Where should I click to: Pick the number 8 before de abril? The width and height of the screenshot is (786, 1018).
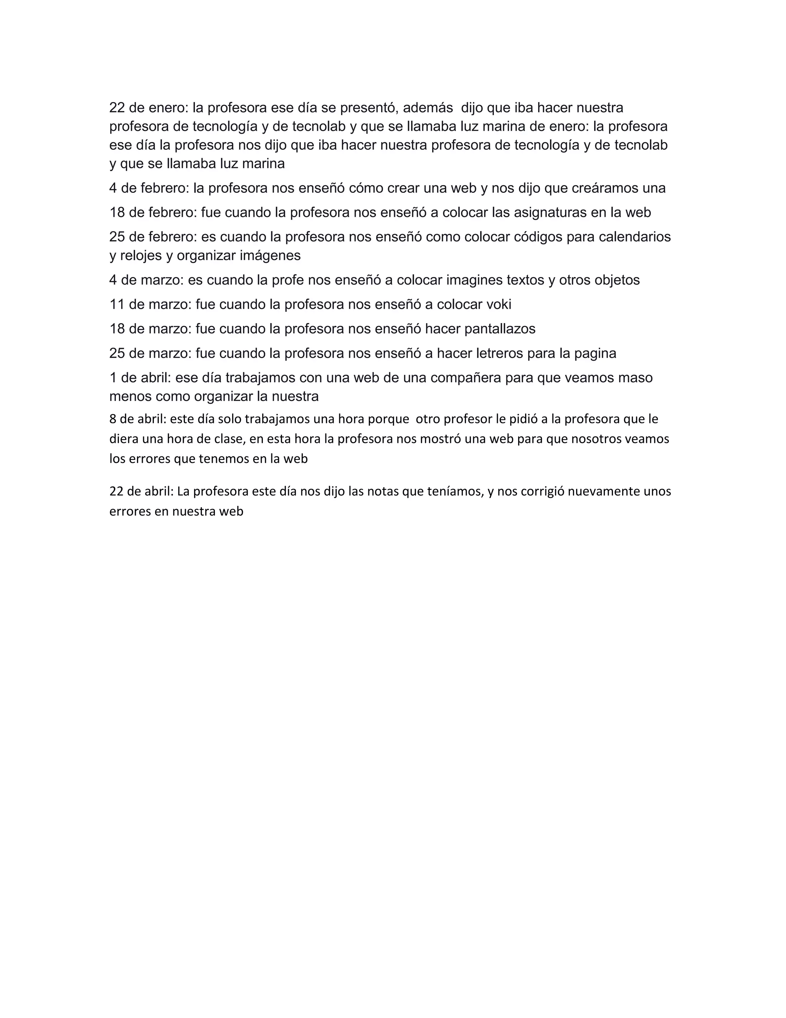pyautogui.click(x=113, y=419)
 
